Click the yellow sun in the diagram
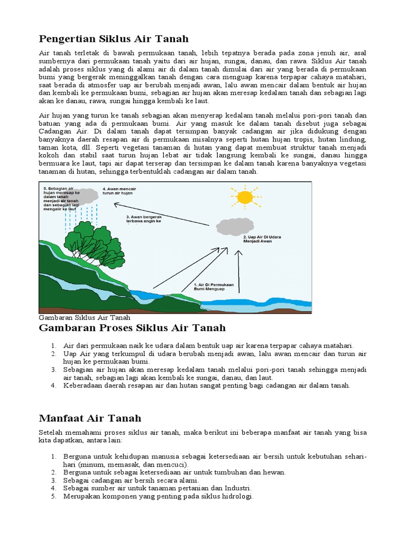pyautogui.click(x=245, y=197)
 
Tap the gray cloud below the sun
pyautogui.click(x=235, y=227)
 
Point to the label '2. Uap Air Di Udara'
pyautogui.click(x=262, y=237)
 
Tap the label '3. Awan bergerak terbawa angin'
pyautogui.click(x=143, y=219)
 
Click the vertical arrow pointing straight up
pyautogui.click(x=238, y=272)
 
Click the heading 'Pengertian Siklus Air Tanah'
pyautogui.click(x=114, y=39)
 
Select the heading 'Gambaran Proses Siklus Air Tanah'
pyautogui.click(x=133, y=328)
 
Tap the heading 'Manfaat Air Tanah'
pyautogui.click(x=90, y=418)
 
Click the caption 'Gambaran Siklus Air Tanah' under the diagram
pyautogui.click(x=85, y=318)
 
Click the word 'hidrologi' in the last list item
pyautogui.click(x=238, y=497)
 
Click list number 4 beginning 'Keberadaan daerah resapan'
pyautogui.click(x=54, y=386)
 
